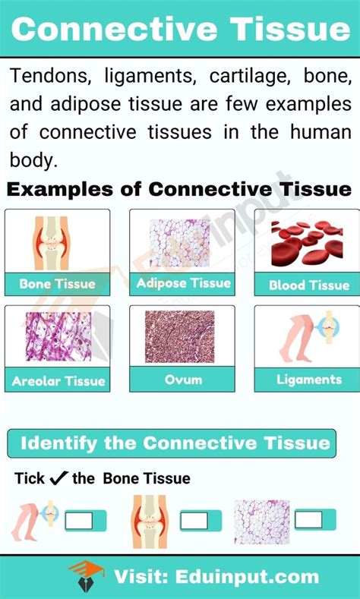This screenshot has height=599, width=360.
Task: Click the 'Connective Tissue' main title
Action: pos(180,30)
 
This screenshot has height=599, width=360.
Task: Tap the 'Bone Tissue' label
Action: pos(58,284)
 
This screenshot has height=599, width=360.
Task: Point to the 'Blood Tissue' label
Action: pos(309,285)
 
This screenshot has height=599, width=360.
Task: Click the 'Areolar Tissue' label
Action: pos(58,380)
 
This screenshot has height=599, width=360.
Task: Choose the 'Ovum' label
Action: pos(182,378)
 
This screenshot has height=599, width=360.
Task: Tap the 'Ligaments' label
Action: pos(309,379)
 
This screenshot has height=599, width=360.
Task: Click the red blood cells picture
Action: pos(308,244)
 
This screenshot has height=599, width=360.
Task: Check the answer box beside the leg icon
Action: pos(80,520)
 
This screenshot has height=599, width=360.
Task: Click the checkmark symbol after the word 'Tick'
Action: pos(58,478)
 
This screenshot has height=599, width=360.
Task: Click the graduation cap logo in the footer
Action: pos(83,575)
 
